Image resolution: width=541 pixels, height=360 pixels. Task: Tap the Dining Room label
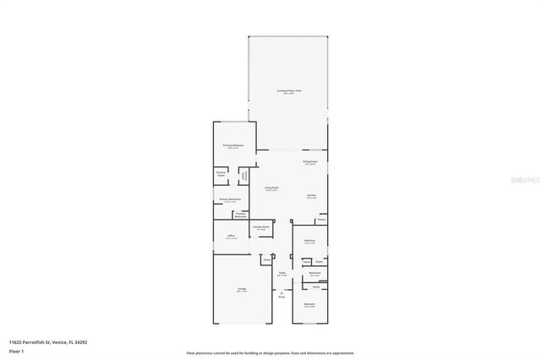tap(310, 161)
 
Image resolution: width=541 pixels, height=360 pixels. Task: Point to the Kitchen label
tap(311, 195)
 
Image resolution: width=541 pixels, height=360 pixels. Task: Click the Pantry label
tap(321, 221)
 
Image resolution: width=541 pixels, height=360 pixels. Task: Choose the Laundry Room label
tap(262, 226)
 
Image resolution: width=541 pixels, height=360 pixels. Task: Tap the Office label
tap(230, 236)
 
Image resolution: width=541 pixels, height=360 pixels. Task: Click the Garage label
tap(242, 289)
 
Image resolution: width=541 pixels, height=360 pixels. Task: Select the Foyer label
tap(281, 272)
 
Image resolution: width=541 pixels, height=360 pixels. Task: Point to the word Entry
tap(281, 297)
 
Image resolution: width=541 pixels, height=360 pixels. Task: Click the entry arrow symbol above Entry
tap(281, 291)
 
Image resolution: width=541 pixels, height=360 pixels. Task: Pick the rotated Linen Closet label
tap(244, 176)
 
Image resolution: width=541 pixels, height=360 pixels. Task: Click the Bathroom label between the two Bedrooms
tap(314, 273)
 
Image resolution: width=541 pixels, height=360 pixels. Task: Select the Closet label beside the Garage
tap(265, 260)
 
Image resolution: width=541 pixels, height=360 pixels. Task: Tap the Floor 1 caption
tap(16, 351)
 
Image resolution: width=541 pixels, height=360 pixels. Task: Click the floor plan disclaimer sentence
tap(270, 352)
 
